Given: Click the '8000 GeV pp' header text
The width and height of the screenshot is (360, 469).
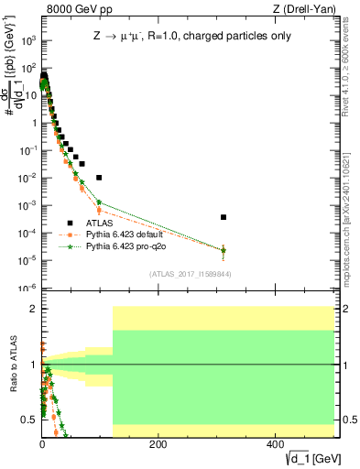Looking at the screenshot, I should [x=74, y=9].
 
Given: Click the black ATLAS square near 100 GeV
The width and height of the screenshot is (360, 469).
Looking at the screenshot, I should [x=99, y=177].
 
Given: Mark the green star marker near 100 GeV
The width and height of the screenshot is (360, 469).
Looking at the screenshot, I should [x=99, y=202].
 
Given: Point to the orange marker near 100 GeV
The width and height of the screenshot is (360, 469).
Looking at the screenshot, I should [x=99, y=210].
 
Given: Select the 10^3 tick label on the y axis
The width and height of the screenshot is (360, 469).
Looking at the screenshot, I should [x=29, y=41].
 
